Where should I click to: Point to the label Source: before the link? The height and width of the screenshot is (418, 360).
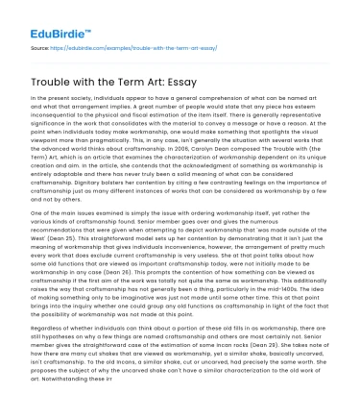40,45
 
